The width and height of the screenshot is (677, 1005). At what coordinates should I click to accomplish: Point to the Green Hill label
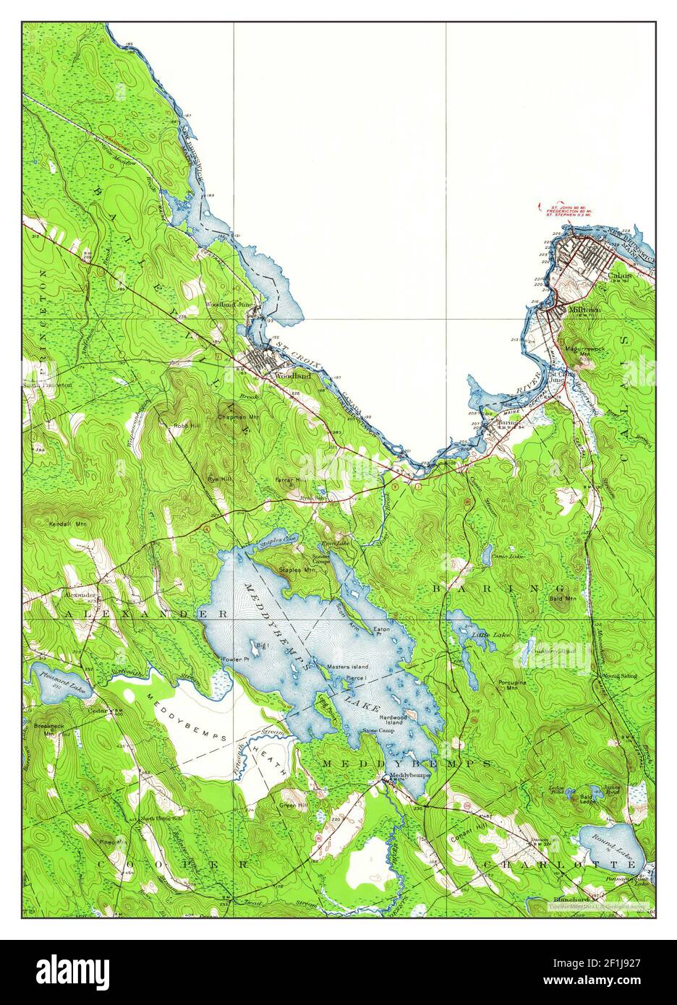coord(293,804)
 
